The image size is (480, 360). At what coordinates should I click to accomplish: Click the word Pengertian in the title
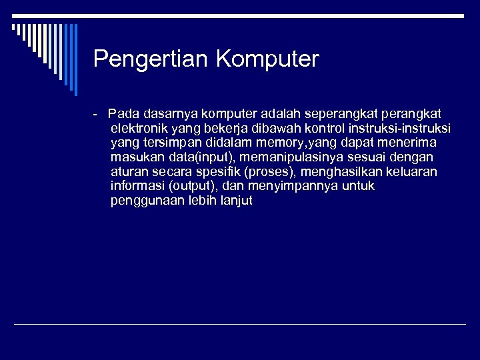(151, 59)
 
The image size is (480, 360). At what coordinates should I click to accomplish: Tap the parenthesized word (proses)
(271, 171)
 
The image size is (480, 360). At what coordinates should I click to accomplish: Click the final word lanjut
(237, 201)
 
